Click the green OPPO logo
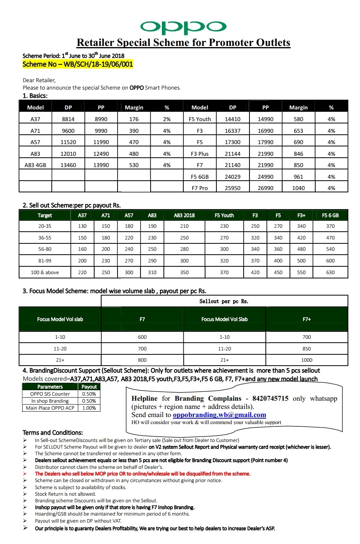pos(183,27)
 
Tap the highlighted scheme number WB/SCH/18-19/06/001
pos(78,64)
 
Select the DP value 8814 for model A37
pos(68,119)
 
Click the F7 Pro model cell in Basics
pos(200,188)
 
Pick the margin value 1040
pos(299,188)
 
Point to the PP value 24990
pos(265,177)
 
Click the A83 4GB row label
pos(35,165)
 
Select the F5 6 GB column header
pos(330,215)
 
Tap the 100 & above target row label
pos(45,273)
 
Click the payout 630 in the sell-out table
pos(330,273)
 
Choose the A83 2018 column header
pos(184,215)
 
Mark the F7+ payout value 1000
pos(307,360)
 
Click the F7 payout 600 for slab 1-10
pos(142,337)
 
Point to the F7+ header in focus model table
pos(307,319)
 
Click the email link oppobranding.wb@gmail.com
pos(220,415)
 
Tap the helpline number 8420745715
pos(270,398)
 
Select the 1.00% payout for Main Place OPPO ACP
pos(89,408)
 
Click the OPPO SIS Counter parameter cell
pos(50,394)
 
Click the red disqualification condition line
pos(142,474)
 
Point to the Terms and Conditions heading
pos(53,433)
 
